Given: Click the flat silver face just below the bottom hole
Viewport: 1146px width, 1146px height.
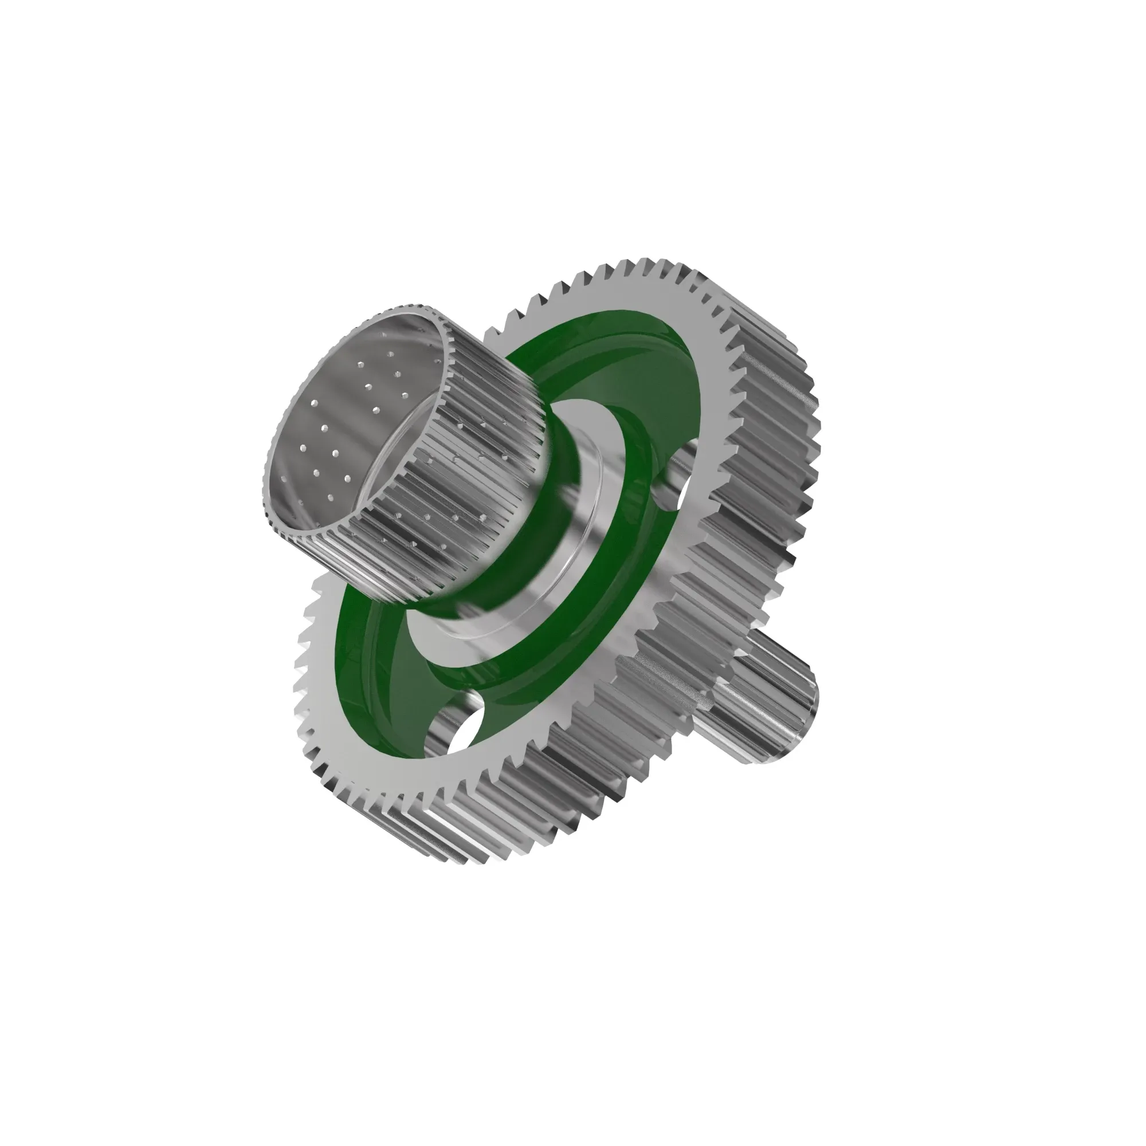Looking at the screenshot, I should point(469,771).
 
